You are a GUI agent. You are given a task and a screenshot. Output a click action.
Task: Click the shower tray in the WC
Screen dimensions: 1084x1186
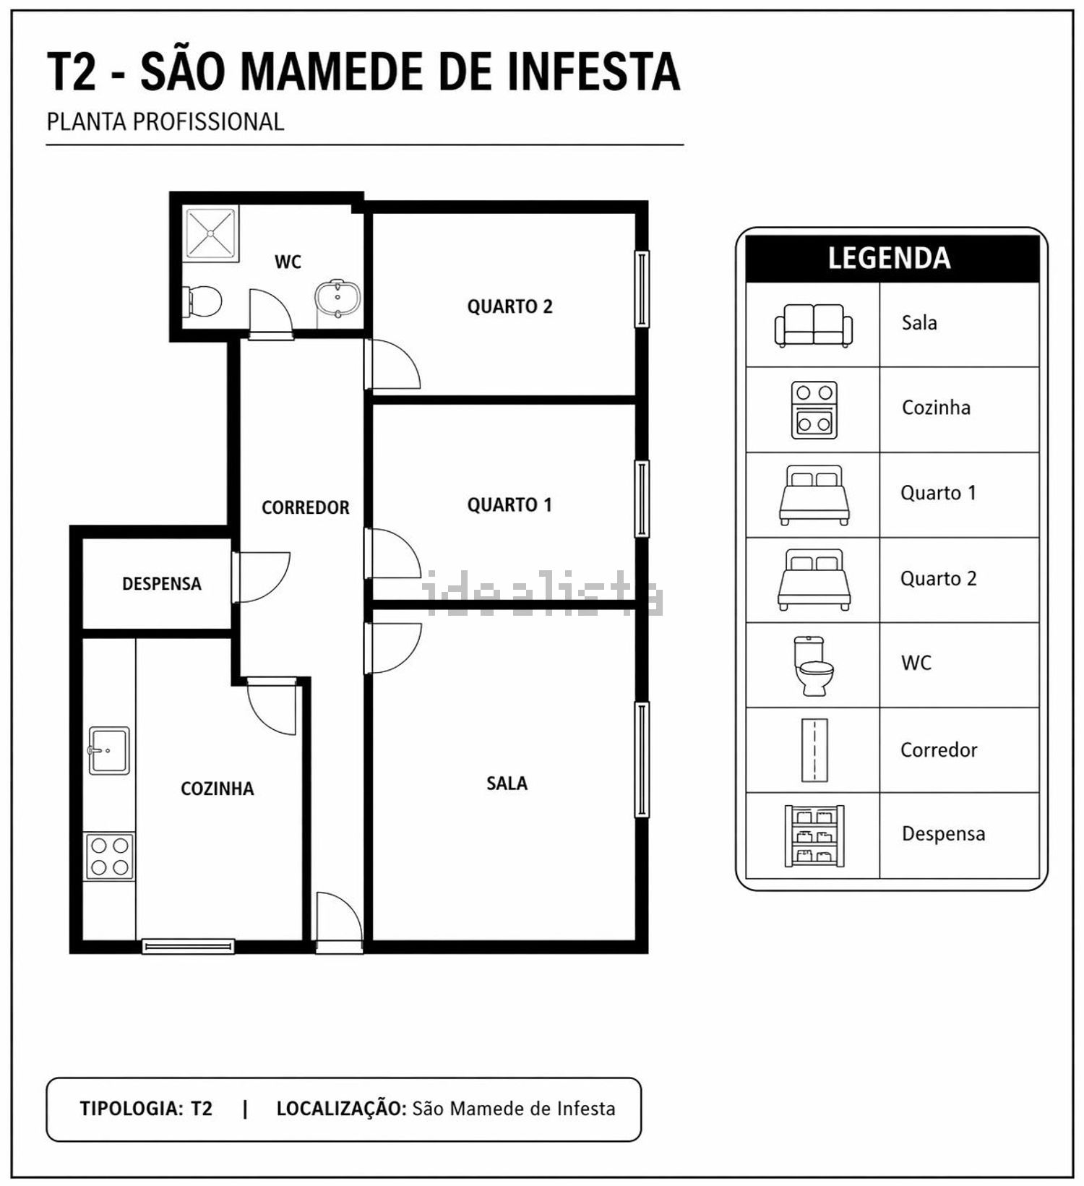tap(210, 233)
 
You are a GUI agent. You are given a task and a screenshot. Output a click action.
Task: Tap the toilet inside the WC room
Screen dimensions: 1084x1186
tap(202, 302)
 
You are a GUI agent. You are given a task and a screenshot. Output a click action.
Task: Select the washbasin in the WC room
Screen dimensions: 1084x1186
tap(337, 298)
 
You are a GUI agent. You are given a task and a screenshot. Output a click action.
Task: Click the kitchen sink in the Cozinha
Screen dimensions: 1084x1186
tap(108, 750)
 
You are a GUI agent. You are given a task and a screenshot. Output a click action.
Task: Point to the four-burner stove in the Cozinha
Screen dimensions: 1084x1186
tap(110, 856)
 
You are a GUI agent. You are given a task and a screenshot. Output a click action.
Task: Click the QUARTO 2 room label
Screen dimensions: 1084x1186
tap(509, 306)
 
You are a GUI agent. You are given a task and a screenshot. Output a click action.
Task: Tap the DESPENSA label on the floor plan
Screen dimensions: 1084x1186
tap(161, 583)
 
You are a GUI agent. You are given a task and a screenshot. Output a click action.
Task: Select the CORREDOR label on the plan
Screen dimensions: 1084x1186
tap(305, 507)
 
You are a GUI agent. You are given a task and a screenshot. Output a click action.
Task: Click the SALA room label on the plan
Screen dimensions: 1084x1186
tap(507, 783)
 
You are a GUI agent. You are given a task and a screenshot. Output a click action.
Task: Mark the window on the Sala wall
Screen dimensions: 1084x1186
tap(642, 759)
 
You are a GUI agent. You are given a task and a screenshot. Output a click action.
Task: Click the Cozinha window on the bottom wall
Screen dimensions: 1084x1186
tap(188, 945)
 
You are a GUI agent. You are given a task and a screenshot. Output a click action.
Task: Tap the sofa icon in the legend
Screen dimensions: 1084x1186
tap(814, 325)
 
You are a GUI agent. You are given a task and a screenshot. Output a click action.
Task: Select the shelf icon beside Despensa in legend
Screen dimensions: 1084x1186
tap(814, 835)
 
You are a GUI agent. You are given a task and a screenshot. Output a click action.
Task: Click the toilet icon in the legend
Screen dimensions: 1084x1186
tap(814, 666)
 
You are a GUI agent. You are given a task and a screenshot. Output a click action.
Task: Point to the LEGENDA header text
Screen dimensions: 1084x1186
tap(889, 258)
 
